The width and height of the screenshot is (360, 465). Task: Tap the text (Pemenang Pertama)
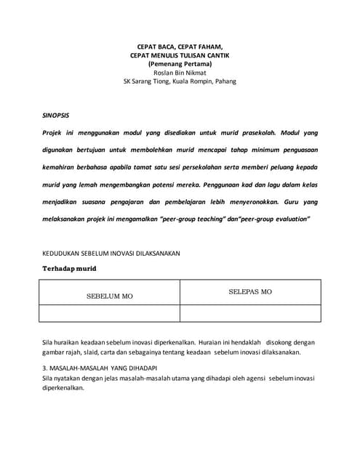[x=179, y=64]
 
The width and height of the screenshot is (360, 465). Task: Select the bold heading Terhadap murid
[x=68, y=269]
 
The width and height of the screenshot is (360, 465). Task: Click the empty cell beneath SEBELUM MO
[x=109, y=314]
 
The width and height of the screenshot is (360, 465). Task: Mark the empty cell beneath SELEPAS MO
[x=250, y=314]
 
